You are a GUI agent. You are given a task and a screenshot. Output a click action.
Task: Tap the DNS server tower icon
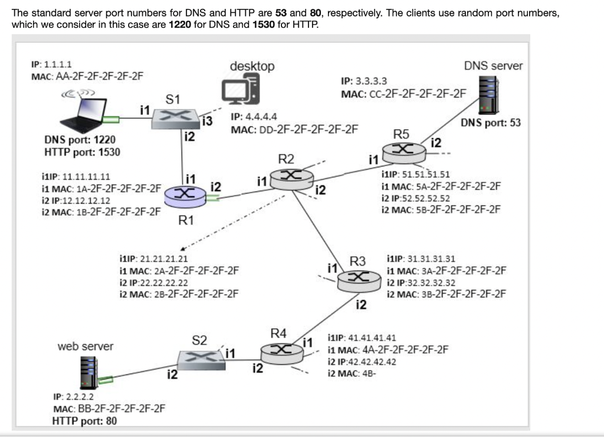pyautogui.click(x=488, y=94)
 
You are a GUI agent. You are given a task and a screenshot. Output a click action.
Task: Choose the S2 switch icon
pyautogui.click(x=200, y=359)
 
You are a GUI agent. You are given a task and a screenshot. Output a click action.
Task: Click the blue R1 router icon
pyautogui.click(x=185, y=195)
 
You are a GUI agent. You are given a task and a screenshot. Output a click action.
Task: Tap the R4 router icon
pyautogui.click(x=282, y=353)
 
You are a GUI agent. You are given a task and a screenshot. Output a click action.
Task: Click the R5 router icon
pyautogui.click(x=404, y=152)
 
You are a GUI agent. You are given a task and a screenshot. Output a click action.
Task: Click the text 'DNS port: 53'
pyautogui.click(x=491, y=123)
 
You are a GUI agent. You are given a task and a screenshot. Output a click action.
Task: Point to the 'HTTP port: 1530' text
pyautogui.click(x=82, y=152)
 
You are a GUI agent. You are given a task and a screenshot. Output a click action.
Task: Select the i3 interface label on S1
pyautogui.click(x=206, y=121)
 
